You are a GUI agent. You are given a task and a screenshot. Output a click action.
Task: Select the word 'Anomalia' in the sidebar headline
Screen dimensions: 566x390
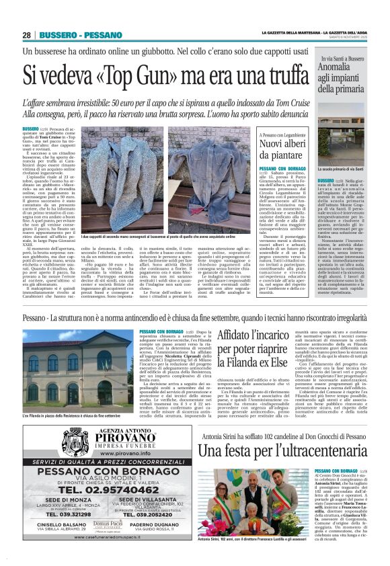pyautogui.click(x=338, y=67)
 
